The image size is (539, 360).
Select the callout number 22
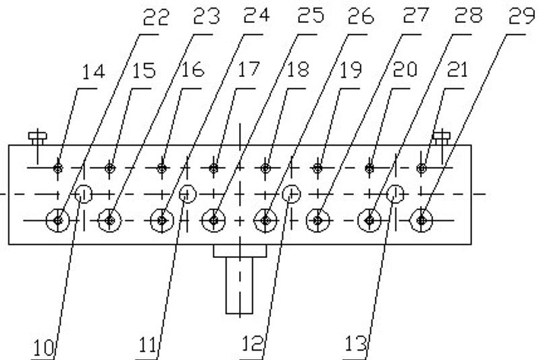[154, 18]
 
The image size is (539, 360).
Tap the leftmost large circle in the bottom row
[58, 220]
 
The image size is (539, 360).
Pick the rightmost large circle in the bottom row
[422, 220]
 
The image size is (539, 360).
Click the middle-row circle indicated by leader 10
[84, 194]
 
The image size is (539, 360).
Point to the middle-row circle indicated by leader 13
[396, 194]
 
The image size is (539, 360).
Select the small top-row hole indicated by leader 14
[59, 167]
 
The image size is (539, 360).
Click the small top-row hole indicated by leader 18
[266, 167]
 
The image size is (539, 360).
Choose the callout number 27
[413, 18]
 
